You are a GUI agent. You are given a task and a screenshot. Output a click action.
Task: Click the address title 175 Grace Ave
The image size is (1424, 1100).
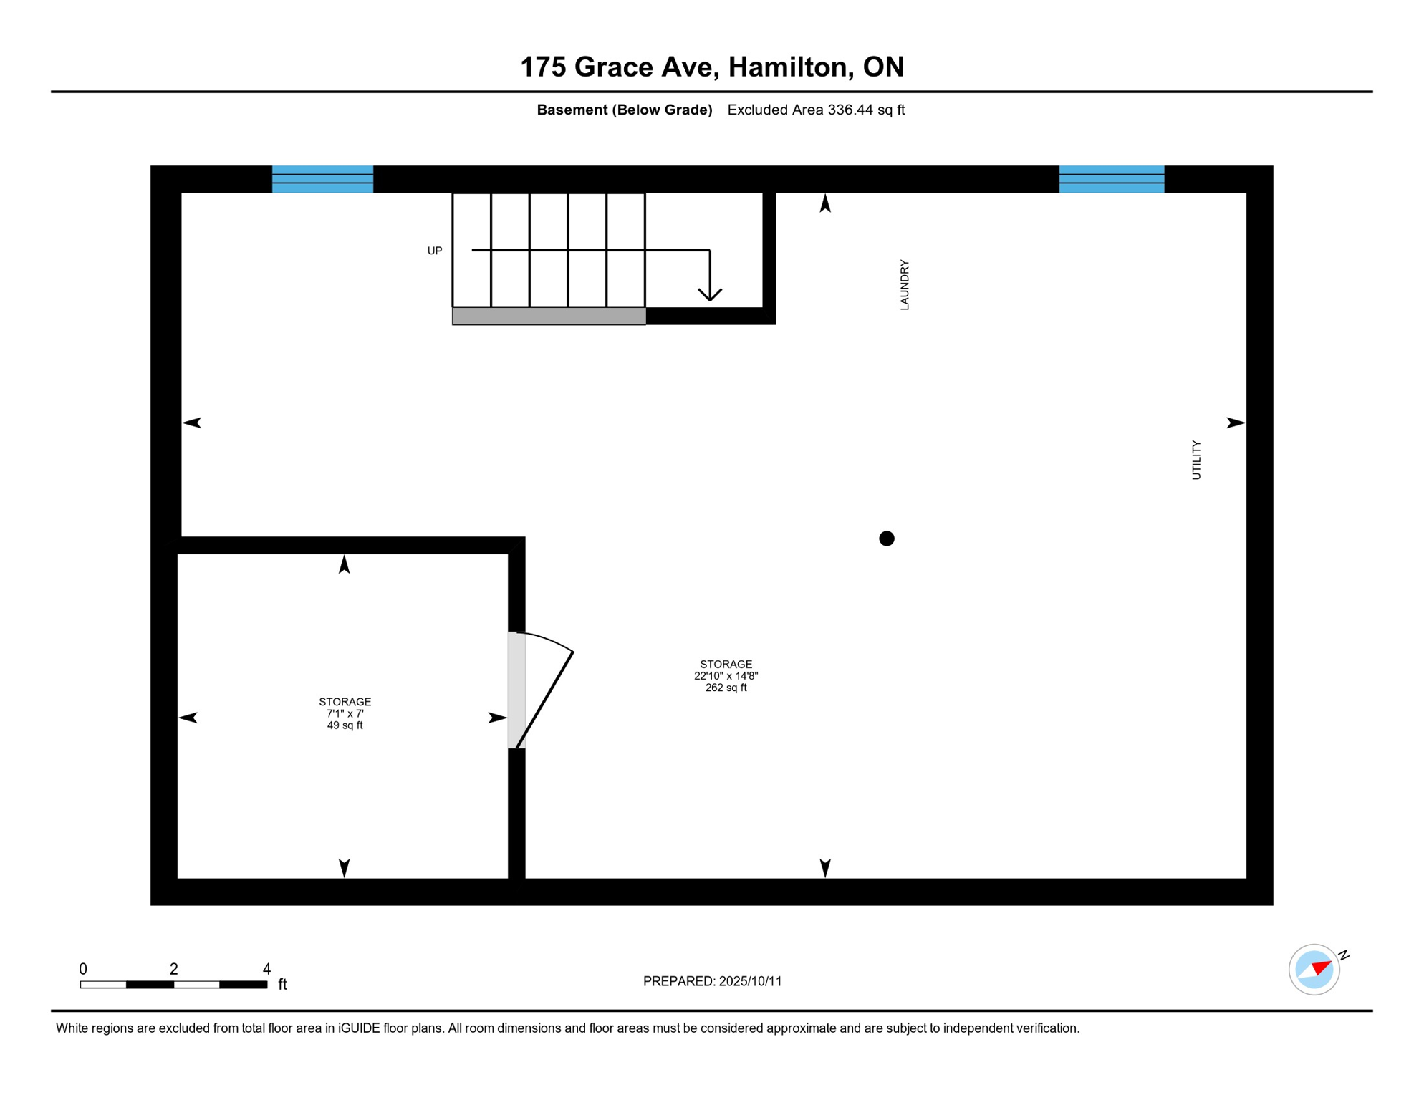tap(711, 67)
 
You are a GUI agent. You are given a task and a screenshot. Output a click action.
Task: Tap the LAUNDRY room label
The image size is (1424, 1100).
tap(905, 285)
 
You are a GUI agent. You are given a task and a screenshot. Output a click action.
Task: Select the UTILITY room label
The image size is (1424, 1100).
tap(1196, 460)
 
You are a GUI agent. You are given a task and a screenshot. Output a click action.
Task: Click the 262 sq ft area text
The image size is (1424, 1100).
tap(726, 687)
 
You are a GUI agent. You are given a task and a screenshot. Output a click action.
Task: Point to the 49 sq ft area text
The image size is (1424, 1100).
tap(345, 725)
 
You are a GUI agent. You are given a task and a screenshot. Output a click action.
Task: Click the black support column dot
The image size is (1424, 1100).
tap(887, 539)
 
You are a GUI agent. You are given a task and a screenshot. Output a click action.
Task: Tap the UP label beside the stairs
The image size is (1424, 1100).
tap(435, 251)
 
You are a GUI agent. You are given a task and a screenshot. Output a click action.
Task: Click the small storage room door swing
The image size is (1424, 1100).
tap(544, 687)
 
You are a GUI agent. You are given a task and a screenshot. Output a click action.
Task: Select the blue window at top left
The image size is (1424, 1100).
tap(322, 179)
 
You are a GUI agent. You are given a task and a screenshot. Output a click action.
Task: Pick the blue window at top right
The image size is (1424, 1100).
tap(1112, 179)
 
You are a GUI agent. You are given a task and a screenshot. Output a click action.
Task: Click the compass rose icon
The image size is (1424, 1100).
tap(1314, 970)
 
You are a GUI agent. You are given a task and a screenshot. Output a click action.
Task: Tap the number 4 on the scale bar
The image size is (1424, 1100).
tap(266, 969)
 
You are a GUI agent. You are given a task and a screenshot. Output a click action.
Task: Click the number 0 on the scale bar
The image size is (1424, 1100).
tap(83, 969)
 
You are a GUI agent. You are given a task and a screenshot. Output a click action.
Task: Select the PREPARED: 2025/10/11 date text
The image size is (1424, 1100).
tap(712, 981)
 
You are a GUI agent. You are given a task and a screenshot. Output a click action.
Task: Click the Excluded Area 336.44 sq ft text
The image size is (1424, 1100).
tap(816, 110)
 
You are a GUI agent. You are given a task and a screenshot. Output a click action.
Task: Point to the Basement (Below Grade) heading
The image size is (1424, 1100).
tap(624, 110)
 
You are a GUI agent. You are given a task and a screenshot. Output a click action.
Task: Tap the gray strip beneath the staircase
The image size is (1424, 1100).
tap(549, 316)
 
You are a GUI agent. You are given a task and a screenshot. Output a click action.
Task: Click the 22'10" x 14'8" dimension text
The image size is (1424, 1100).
tap(726, 676)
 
